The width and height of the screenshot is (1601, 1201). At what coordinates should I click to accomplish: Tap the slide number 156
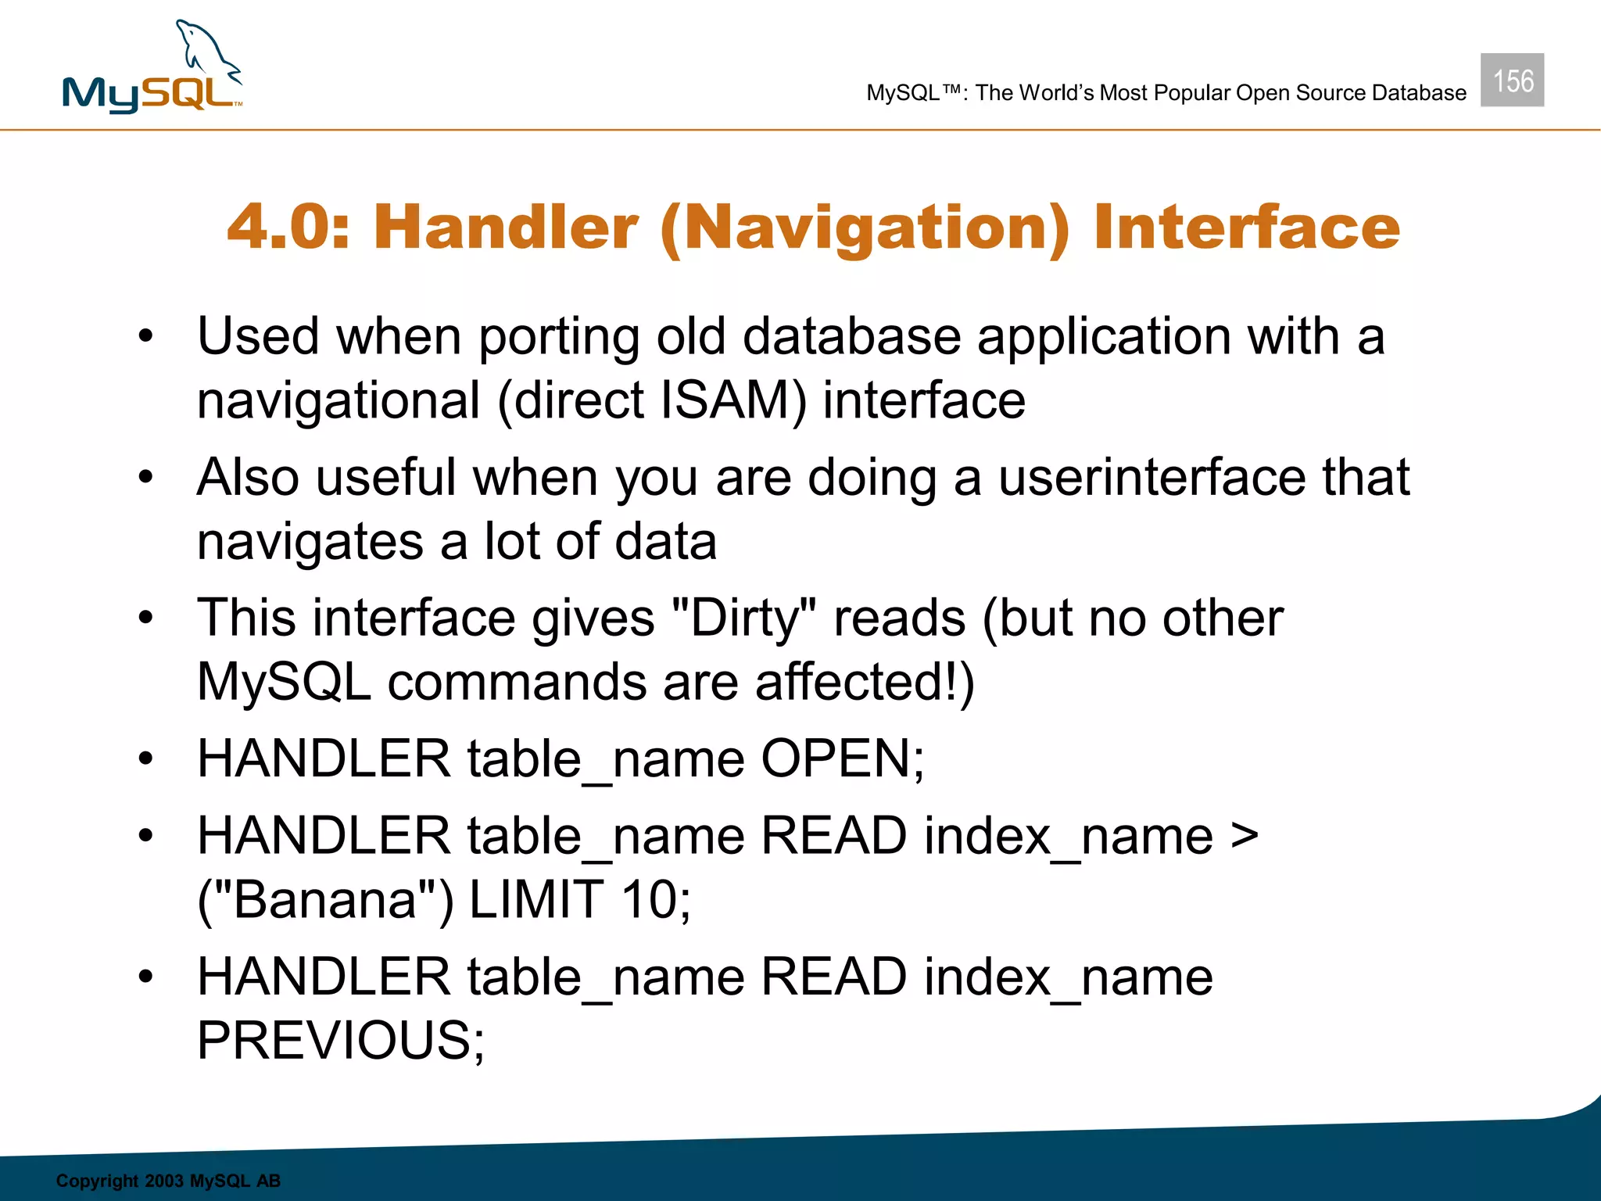(1512, 81)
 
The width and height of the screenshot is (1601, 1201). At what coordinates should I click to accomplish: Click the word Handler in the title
(506, 228)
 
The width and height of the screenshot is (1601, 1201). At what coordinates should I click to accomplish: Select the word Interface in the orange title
(1246, 228)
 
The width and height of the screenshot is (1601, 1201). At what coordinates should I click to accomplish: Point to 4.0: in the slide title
(288, 228)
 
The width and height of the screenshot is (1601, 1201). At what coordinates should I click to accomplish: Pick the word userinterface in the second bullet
(1152, 477)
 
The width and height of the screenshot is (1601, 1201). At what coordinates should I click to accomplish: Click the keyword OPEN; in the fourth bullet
(842, 758)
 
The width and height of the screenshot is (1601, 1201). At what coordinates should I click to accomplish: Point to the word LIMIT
(535, 899)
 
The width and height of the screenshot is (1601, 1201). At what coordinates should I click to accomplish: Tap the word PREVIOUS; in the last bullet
(341, 1040)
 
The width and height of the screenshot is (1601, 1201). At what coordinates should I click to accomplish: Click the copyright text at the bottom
(168, 1181)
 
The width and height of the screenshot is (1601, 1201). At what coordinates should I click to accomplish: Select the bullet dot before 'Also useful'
(146, 477)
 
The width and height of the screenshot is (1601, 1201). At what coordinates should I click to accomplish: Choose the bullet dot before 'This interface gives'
(146, 618)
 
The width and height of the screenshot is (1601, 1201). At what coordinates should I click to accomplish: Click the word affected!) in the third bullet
(865, 682)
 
